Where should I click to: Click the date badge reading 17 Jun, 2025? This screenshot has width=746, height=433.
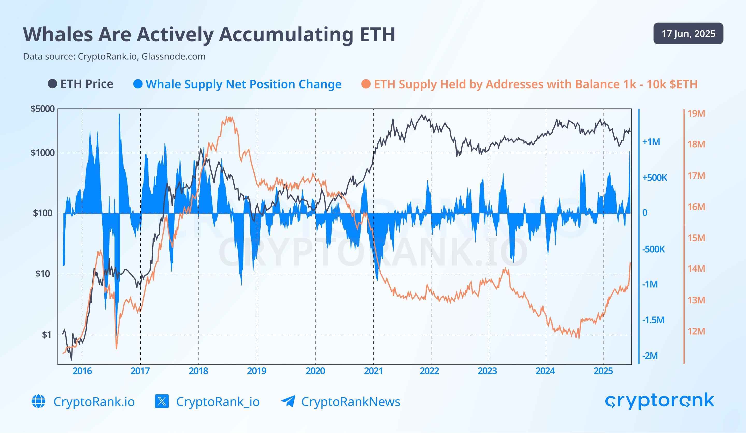coord(688,33)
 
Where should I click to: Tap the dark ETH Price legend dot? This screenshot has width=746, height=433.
coord(52,84)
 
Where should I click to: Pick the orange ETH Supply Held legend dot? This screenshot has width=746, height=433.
coord(366,84)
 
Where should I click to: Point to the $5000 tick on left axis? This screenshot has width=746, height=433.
coord(43,109)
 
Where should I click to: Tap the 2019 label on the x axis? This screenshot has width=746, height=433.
coord(257,371)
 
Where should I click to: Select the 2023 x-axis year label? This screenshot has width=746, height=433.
coord(487,371)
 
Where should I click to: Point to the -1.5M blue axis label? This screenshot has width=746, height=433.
coord(653,320)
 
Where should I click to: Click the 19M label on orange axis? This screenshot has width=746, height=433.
coord(696,113)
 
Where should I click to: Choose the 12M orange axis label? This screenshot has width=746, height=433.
coord(696,331)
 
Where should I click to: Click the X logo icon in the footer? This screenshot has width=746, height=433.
coord(162,401)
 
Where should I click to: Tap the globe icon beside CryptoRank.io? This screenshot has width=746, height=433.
coord(39,401)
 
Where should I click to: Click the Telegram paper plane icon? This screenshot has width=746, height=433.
coord(288,401)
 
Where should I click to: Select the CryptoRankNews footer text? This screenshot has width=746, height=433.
coord(350,402)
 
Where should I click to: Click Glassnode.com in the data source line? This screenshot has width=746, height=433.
coord(174,56)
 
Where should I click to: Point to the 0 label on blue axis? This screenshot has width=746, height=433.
coord(644,213)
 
